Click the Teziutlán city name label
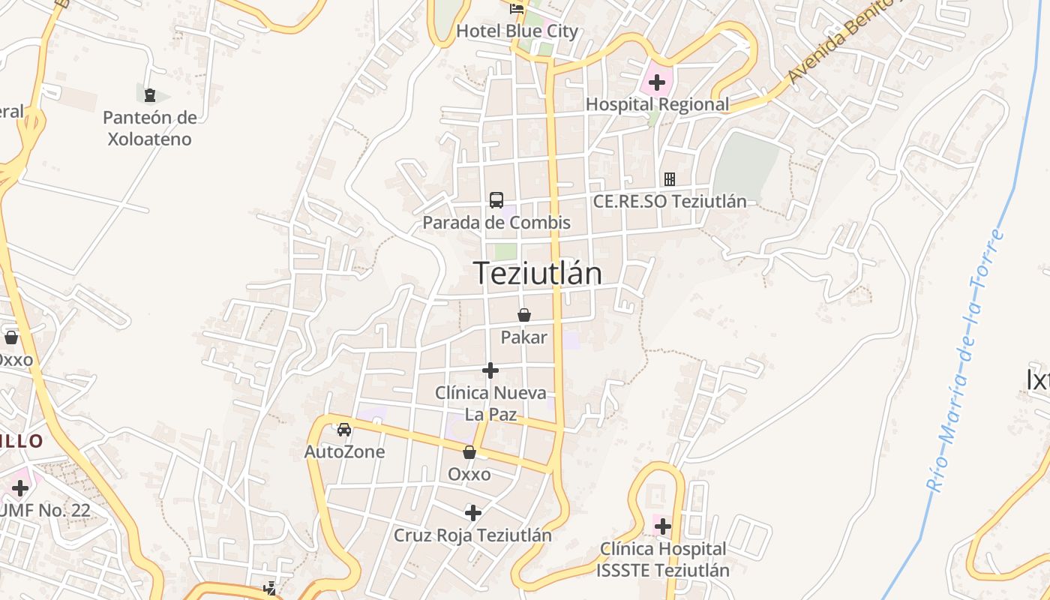[x=537, y=274]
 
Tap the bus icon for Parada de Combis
[x=496, y=199]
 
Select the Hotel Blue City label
[x=517, y=31]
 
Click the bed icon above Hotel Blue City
[x=517, y=9]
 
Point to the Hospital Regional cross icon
[x=657, y=82]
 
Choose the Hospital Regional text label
[x=657, y=104]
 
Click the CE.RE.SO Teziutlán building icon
[x=669, y=179]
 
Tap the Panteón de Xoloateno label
[x=149, y=128]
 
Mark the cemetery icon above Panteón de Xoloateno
[x=150, y=95]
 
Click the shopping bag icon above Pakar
[x=524, y=315]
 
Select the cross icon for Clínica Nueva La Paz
[x=490, y=370]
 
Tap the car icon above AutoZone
[x=344, y=430]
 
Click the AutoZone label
[x=344, y=451]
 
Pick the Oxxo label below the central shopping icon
[x=469, y=474]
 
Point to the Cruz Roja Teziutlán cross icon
[x=473, y=513]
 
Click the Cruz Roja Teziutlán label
[x=473, y=535]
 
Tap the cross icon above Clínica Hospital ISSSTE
[x=663, y=526]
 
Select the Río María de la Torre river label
[x=966, y=360]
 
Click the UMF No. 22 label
[x=46, y=511]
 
